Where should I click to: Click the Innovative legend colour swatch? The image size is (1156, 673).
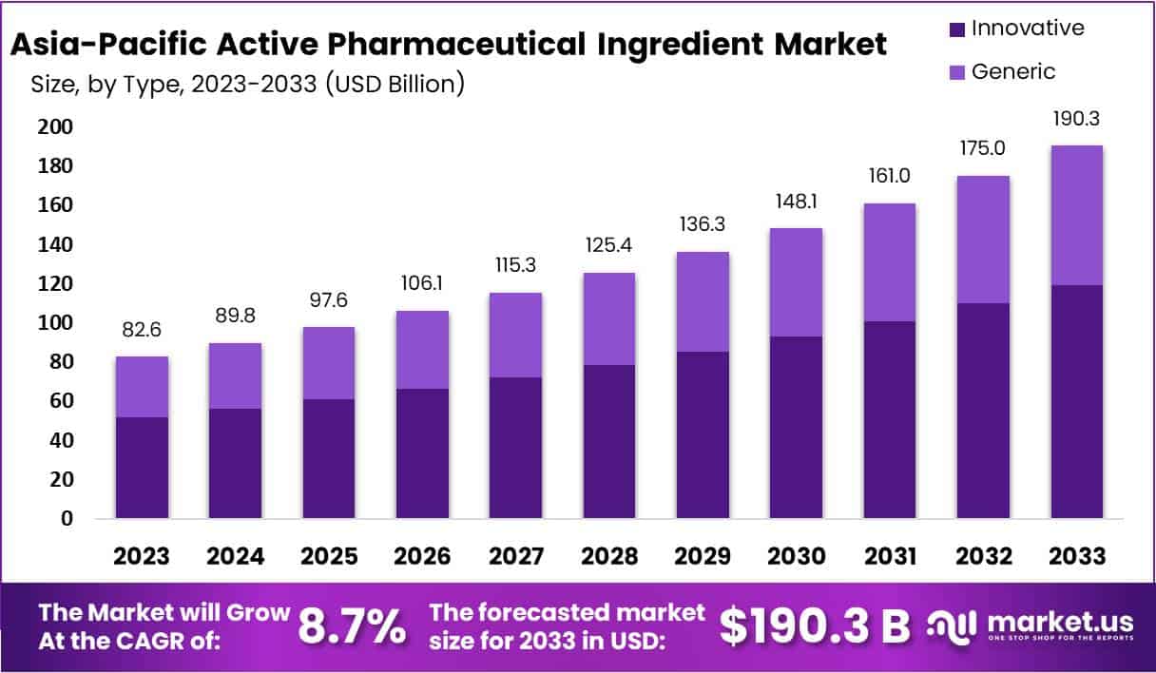(955, 29)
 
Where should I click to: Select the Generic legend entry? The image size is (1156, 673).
(1012, 71)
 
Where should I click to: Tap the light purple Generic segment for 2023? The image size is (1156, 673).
(143, 387)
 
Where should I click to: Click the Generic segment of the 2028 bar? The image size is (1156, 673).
(609, 318)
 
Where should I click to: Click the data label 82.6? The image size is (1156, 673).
(143, 331)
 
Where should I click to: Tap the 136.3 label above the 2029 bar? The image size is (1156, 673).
(703, 226)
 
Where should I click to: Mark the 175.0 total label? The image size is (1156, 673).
(983, 149)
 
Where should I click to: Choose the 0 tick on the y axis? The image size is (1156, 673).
(67, 519)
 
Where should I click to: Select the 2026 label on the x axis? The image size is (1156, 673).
(422, 555)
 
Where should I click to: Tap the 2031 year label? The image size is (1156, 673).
(890, 555)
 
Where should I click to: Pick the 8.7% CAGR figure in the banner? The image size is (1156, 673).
(352, 626)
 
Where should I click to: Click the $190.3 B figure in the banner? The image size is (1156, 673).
(814, 626)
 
